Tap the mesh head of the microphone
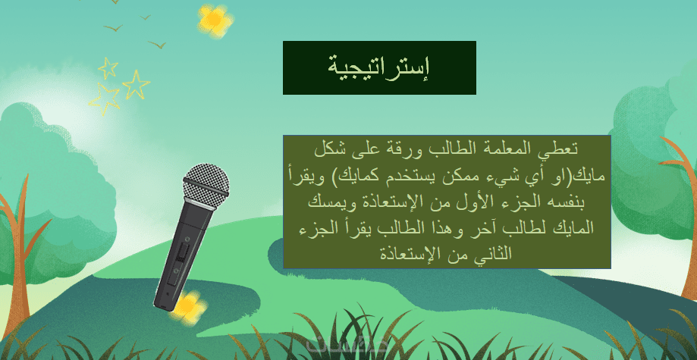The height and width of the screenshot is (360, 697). click(x=206, y=184)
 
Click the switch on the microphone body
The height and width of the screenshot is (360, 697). click(x=181, y=253)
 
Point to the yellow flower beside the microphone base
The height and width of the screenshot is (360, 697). click(x=190, y=307)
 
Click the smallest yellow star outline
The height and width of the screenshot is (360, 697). click(x=108, y=68)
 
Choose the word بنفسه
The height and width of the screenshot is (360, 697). click(x=570, y=202)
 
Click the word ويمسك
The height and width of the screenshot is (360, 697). click(x=326, y=202)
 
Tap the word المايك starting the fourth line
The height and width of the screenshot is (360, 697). click(x=572, y=228)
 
